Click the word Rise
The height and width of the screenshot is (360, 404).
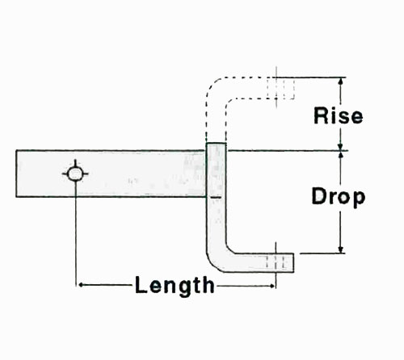tap(339, 115)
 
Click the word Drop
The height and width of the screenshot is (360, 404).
tap(339, 197)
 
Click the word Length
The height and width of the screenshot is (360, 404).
tap(175, 285)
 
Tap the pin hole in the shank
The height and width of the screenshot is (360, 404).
tap(75, 174)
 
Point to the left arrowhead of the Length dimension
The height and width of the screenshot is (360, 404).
tap(81, 285)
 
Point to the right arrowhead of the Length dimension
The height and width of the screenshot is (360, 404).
tap(272, 286)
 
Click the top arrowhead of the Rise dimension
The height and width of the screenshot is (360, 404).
tap(341, 82)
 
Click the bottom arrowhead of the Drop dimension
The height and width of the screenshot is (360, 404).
tap(341, 249)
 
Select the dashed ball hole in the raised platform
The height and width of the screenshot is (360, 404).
tap(280, 88)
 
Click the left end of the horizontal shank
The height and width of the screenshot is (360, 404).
tap(16, 174)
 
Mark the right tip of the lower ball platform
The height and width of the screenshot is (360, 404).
tap(293, 262)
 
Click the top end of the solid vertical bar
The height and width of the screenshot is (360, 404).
tap(216, 144)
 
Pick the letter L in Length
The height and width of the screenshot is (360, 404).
tap(141, 285)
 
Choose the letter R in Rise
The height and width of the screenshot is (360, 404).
tap(321, 115)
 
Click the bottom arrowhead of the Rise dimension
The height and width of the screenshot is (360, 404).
tap(341, 146)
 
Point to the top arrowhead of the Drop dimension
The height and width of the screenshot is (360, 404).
tap(341, 155)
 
